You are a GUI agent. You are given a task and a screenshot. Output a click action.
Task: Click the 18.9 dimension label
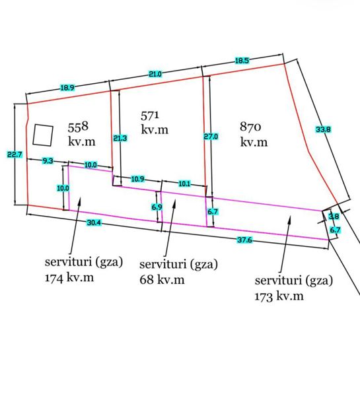[x=67, y=88]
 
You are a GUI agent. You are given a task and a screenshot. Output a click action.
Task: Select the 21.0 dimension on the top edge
[x=155, y=74]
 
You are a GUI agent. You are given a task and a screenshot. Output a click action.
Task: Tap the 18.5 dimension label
[x=242, y=61]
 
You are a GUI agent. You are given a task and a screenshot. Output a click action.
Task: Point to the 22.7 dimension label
[x=15, y=154]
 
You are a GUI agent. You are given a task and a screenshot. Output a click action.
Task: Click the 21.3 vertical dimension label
[x=120, y=138]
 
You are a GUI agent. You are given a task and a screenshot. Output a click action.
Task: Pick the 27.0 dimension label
[x=211, y=137]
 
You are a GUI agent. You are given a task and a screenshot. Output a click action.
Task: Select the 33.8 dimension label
[x=323, y=129]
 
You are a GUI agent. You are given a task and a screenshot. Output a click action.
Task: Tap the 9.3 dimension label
[x=48, y=161]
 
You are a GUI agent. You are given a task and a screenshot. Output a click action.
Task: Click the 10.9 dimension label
[x=137, y=179]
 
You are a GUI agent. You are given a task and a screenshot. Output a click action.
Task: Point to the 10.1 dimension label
[x=184, y=184]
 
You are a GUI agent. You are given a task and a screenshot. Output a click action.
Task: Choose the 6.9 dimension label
[x=157, y=207]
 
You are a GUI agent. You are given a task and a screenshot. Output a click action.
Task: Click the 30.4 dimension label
[x=94, y=222]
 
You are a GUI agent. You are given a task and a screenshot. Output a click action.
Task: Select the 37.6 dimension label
[x=245, y=240]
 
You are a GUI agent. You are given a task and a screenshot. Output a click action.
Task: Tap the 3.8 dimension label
[x=334, y=217]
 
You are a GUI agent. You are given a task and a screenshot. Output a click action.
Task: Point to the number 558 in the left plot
[x=78, y=127]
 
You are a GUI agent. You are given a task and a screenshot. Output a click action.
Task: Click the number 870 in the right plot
[x=250, y=127]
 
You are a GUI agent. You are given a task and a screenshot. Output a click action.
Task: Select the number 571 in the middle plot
[x=150, y=116]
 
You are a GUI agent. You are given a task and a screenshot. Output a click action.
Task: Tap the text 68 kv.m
[x=162, y=280]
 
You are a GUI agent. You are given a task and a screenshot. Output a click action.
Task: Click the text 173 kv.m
[x=279, y=296]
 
